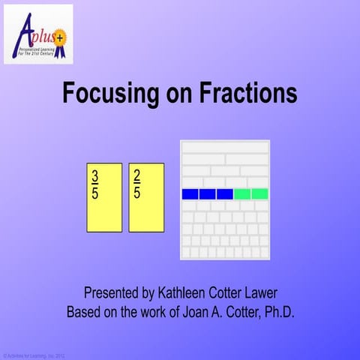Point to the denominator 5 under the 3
point(95,192)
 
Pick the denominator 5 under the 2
point(136,192)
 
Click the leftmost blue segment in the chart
point(190,194)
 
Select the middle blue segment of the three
point(207,194)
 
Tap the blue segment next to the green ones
point(224,194)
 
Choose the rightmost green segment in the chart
point(259,194)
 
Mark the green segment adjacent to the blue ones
point(242,194)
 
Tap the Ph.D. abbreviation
point(275,310)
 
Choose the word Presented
point(114,292)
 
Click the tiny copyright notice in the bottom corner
point(34,355)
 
